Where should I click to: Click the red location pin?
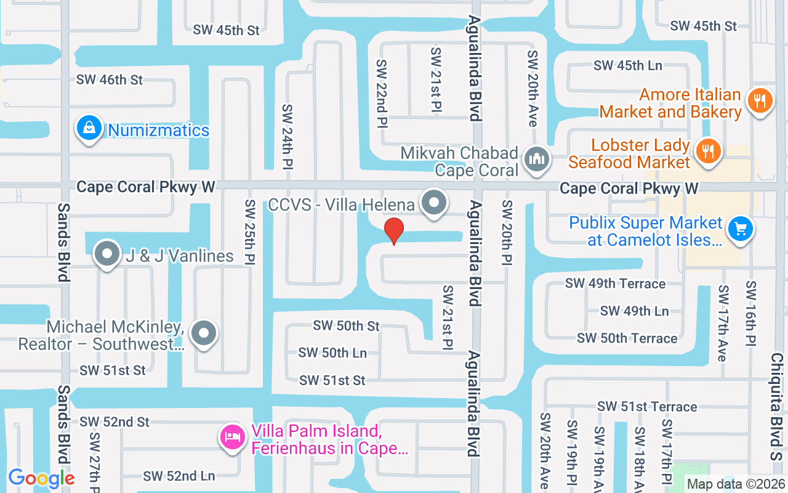coord(394,230)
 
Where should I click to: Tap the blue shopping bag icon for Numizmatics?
coord(90,129)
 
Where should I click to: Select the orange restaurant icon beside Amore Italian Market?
coord(760,100)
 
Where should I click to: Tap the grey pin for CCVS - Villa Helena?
coord(435,203)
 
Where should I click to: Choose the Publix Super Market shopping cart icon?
coord(740,229)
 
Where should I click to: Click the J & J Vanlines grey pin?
coord(107,254)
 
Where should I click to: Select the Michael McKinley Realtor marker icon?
coord(204,334)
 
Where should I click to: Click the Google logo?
coord(41,478)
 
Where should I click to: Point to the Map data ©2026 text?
coord(736,484)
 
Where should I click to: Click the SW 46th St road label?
coord(110,79)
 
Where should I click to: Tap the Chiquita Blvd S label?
coord(777,407)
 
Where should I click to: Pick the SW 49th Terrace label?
coord(615,283)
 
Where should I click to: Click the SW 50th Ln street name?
coord(332,353)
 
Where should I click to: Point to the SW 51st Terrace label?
coord(647,407)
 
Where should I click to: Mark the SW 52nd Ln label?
coord(179,476)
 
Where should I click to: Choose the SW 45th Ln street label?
coord(627,65)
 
